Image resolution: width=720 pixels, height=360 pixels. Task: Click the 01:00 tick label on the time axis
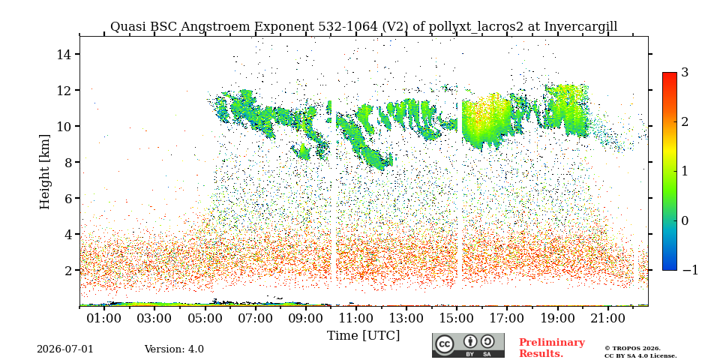pos(105,318)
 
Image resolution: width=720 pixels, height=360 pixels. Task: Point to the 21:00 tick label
pos(608,318)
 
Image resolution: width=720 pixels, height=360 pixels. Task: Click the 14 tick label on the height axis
pos(62,54)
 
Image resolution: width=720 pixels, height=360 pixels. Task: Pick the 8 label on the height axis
pos(66,162)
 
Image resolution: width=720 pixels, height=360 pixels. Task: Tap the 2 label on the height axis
pos(66,270)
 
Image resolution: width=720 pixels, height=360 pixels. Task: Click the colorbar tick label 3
pos(685,73)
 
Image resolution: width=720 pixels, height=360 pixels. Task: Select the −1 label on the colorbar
pos(690,270)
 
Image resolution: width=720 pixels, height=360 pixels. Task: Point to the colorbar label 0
pos(685,220)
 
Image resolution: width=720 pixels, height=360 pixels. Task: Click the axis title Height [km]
pos(44,172)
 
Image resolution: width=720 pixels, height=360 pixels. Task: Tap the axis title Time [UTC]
pos(363,336)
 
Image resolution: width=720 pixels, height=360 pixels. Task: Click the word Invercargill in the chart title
pos(580,27)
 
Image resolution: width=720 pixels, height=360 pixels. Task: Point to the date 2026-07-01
pos(64,349)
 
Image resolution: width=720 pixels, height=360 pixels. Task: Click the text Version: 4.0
pos(174,349)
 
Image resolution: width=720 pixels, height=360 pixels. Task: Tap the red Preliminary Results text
pos(552,348)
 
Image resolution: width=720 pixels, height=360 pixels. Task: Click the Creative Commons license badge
pos(468,345)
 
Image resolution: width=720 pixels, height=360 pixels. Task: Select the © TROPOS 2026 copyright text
pos(632,349)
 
